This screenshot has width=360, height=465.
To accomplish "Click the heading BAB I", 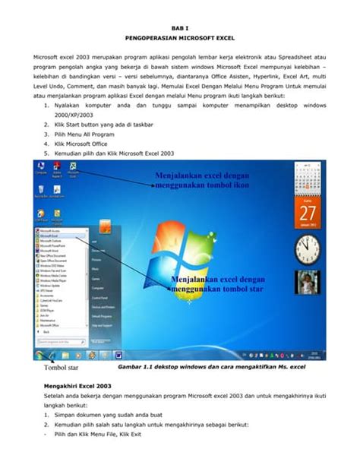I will pos(180,24).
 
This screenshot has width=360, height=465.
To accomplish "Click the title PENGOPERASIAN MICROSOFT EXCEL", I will pos(180,36).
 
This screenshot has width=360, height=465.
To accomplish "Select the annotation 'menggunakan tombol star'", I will pos(215,289).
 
